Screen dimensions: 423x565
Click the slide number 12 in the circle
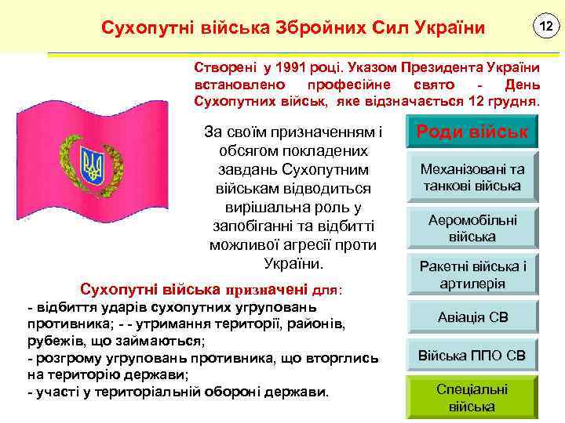[544, 27]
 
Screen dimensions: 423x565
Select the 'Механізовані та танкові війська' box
[472, 177]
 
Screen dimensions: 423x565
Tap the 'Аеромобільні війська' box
[472, 228]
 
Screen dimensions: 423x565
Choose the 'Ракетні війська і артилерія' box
[472, 275]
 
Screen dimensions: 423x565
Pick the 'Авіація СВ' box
[472, 318]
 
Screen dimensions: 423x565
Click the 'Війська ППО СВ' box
[472, 356]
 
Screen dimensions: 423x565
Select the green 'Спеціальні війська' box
[472, 397]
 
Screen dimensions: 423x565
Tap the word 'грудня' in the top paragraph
[512, 103]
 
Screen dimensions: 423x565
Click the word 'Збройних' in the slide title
[317, 28]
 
